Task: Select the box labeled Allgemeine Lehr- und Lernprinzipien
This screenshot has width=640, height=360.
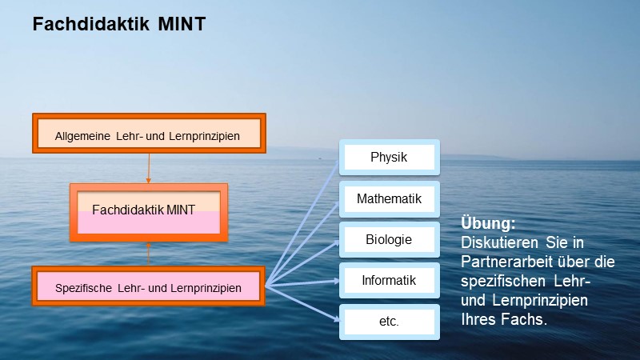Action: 147,134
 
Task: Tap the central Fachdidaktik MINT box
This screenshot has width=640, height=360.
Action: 149,211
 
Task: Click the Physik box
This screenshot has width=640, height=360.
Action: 389,158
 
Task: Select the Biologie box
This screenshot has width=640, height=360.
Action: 389,239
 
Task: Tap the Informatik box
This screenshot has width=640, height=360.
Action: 389,281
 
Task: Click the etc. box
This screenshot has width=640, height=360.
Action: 389,322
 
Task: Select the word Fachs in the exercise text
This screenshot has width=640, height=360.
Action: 524,319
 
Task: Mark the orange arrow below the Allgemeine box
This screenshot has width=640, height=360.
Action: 148,168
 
